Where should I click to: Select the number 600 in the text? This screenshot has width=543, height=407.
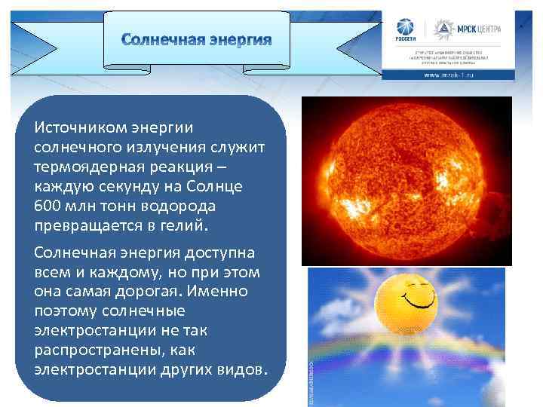coord(49,206)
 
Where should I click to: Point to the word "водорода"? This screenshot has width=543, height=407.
coord(180,206)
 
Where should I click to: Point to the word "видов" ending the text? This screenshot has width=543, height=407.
coord(242,369)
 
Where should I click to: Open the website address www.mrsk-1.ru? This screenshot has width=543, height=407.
coord(448,75)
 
